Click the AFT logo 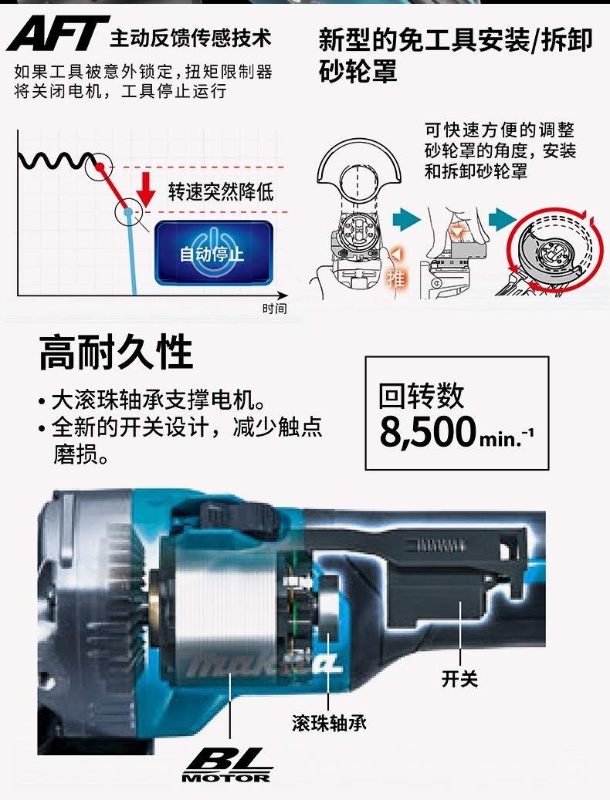(58, 33)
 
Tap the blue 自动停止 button (213, 252)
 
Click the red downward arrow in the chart (146, 189)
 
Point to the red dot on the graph (100, 167)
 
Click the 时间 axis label (275, 308)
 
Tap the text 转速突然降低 (221, 192)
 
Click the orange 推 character (395, 278)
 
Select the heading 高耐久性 (116, 352)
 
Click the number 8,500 (428, 432)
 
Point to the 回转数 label (421, 396)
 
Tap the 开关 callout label (459, 679)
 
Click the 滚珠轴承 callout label (329, 722)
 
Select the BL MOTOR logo (227, 765)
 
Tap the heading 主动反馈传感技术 (191, 39)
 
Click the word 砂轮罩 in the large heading (358, 70)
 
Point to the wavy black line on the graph (57, 160)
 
